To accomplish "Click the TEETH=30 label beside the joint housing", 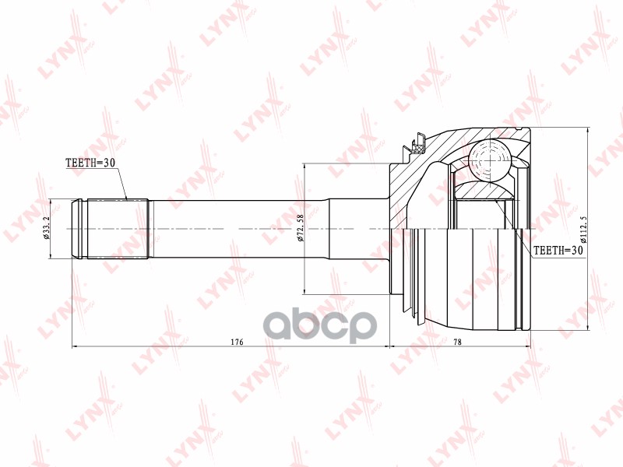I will (x=558, y=251).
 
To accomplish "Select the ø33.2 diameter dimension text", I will (x=48, y=230).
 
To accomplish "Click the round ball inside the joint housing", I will (x=491, y=163).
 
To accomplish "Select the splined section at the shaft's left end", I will (x=117, y=230).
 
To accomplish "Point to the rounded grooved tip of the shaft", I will (x=79, y=230).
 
